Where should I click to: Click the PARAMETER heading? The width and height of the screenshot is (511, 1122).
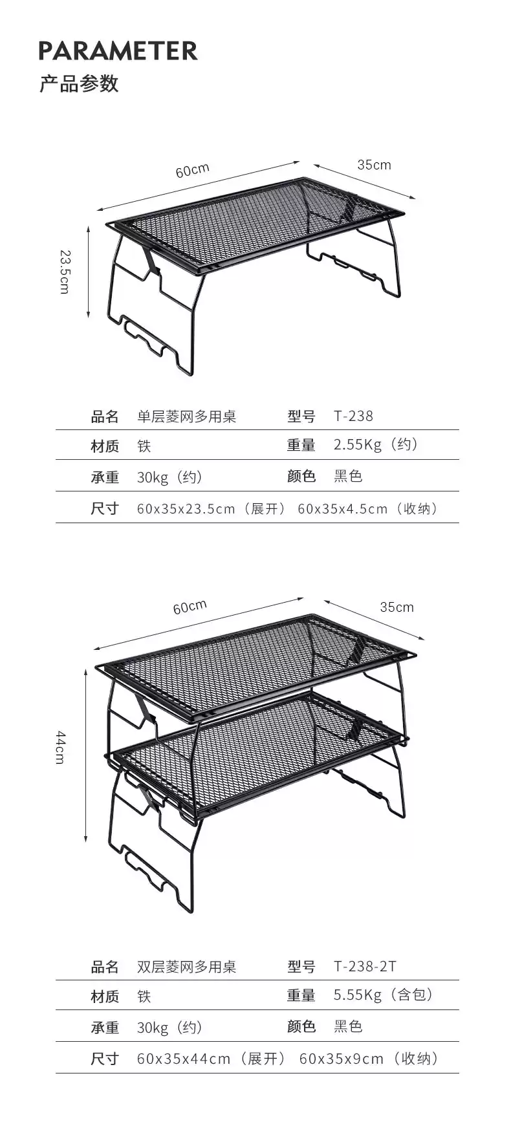tap(118, 50)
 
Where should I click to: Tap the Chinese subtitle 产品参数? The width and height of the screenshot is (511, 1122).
tap(79, 84)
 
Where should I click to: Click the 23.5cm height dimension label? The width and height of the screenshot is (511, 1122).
tap(64, 272)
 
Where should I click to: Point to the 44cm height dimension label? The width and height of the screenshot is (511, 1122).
tap(60, 747)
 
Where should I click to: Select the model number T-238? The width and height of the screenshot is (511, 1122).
tap(353, 416)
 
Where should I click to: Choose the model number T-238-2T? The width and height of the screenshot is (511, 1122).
tap(365, 966)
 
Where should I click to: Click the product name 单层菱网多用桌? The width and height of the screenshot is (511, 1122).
tap(186, 416)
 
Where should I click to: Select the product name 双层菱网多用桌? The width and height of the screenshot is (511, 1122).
tap(186, 967)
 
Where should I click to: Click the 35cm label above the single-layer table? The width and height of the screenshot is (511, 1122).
tap(374, 165)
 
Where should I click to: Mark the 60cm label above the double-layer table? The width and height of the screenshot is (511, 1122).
tap(190, 607)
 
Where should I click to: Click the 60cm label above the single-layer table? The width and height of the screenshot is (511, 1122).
tap(192, 170)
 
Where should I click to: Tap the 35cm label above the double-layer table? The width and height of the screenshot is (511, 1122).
tap(397, 607)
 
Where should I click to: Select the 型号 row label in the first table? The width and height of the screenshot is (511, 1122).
tap(301, 416)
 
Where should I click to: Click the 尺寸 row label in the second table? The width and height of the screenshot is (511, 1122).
tap(105, 1059)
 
